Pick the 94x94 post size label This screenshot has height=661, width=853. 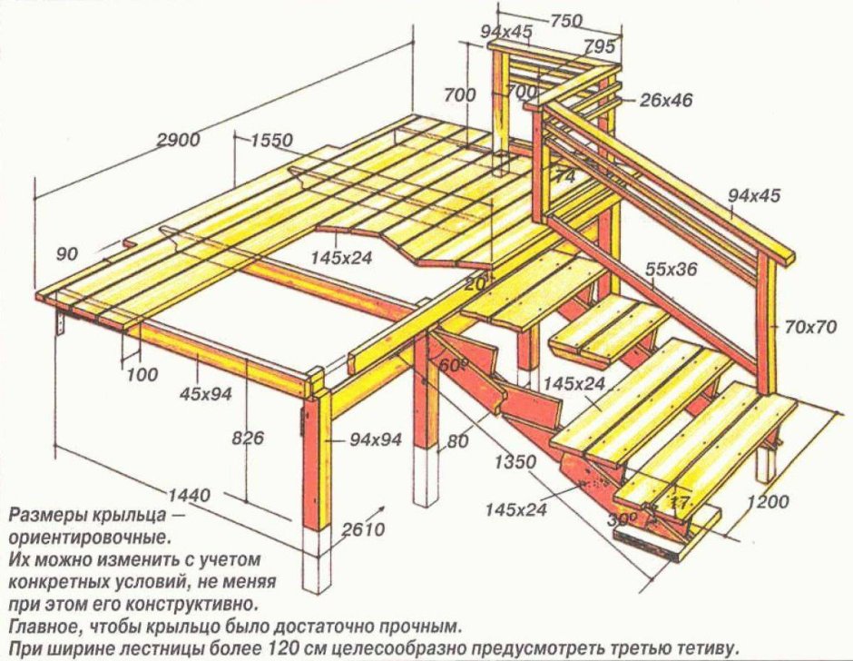point(376,440)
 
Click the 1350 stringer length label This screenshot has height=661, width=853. point(514,462)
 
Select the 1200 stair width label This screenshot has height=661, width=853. point(769,500)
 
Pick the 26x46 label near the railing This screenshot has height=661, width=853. point(665,100)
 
